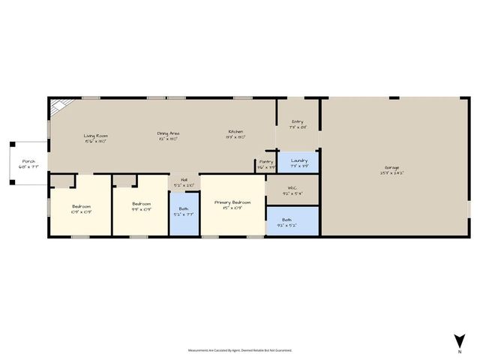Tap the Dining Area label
coord(168,134)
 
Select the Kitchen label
coord(235,134)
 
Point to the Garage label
coord(392,168)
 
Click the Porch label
coord(28,161)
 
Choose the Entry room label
coord(298,121)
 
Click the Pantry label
coord(265,161)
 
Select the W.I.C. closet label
coord(293,189)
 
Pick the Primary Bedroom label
coord(232,202)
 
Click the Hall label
coord(184,180)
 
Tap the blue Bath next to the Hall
coord(184,215)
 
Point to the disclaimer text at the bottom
coord(240,350)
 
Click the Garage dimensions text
coord(392,173)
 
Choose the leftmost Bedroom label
coord(82,206)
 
